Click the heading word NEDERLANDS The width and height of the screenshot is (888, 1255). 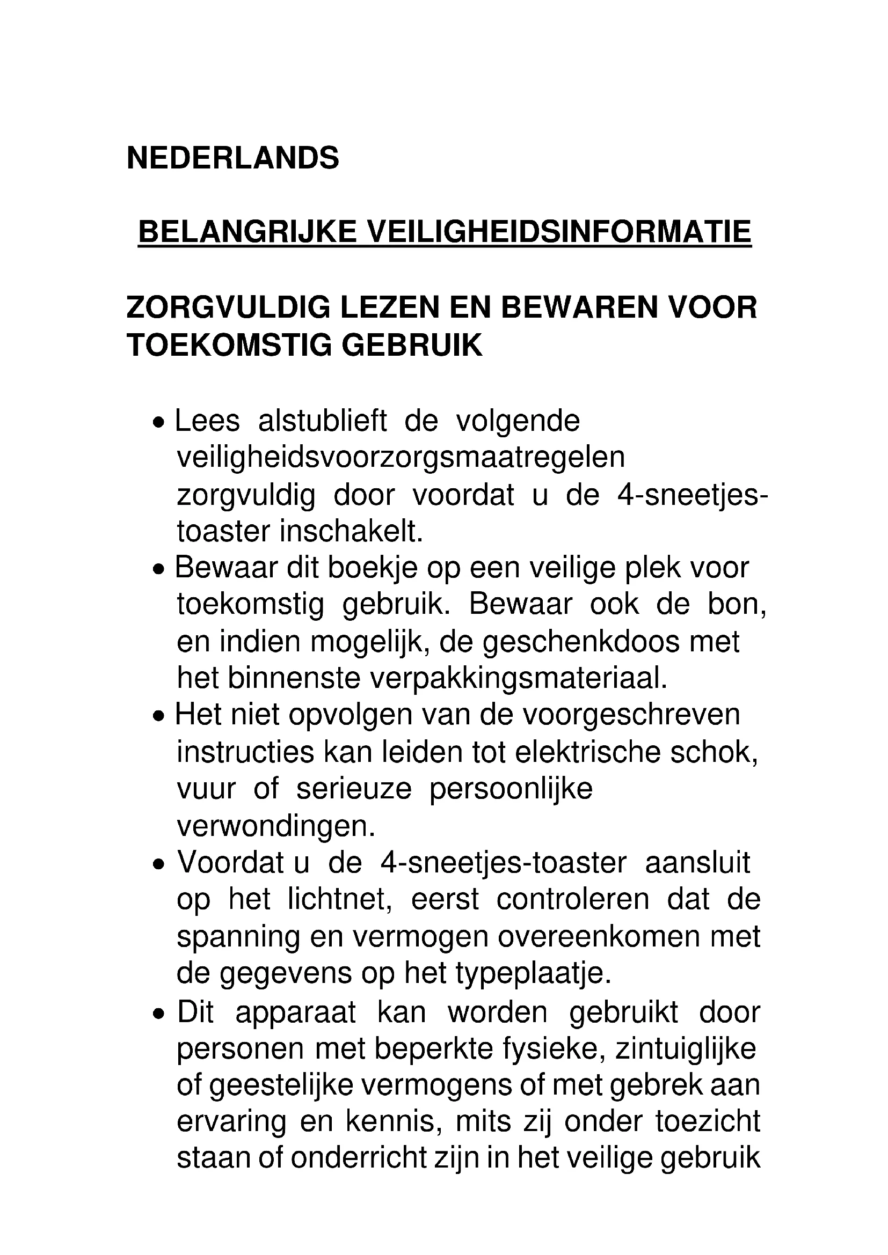click(232, 158)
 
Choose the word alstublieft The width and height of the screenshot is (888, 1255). click(322, 421)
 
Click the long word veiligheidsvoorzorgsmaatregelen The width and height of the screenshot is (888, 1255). click(401, 458)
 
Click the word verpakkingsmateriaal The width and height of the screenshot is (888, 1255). click(519, 679)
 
